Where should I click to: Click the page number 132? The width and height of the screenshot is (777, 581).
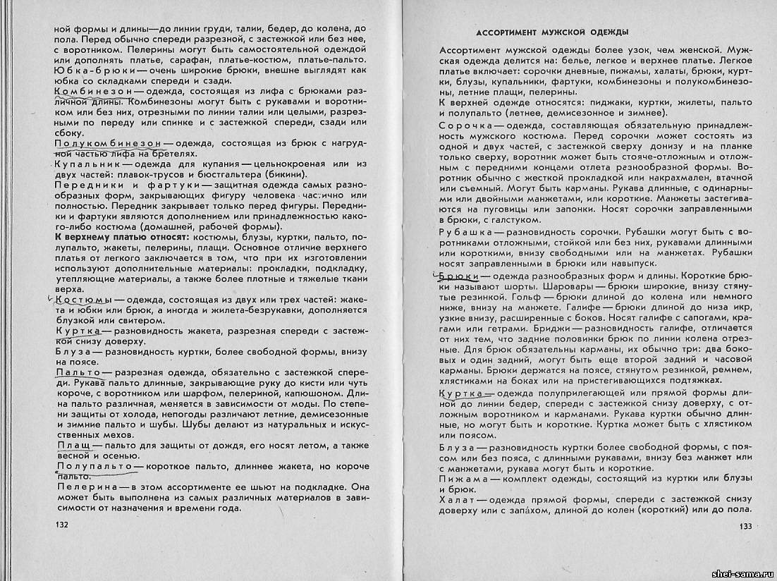[63, 525]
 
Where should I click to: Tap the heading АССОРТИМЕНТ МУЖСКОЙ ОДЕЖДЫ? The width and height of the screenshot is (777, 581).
[552, 32]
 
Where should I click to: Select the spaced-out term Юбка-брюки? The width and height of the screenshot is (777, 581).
[85, 71]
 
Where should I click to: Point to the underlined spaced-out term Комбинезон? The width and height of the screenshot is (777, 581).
[88, 92]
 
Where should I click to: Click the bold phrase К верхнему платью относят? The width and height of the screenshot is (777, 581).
[120, 238]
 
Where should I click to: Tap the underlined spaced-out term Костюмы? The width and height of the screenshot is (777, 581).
[82, 301]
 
